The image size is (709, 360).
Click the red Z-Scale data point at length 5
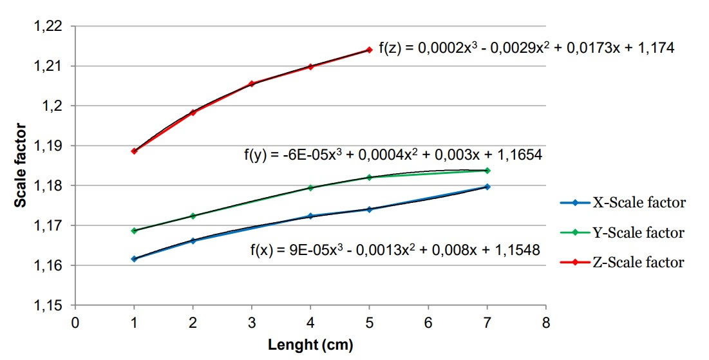point(369,50)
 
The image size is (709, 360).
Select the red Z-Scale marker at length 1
point(134,151)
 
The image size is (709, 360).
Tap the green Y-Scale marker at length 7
point(487,171)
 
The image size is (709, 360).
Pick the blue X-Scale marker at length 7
point(487,187)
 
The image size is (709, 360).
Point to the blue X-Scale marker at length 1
point(134,259)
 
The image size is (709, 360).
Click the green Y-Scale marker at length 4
point(310,187)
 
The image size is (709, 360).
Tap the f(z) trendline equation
point(526,48)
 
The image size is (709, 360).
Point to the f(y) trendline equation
point(392,155)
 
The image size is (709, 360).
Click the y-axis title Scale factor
point(21,166)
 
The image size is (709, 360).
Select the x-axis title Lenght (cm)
point(310,346)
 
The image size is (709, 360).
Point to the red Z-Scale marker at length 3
point(252,84)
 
